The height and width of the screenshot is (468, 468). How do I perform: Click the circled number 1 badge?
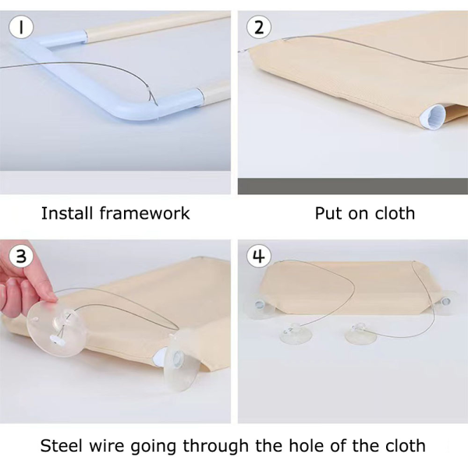[x=21, y=27]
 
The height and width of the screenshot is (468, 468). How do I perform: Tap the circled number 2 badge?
[x=259, y=27]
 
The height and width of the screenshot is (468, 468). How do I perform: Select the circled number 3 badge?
[x=21, y=256]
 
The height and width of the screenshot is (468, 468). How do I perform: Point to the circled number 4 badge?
[x=259, y=256]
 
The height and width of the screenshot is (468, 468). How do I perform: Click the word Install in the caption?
[x=67, y=213]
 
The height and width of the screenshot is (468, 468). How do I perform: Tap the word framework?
[x=145, y=213]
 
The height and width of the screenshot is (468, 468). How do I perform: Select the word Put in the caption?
[x=328, y=213]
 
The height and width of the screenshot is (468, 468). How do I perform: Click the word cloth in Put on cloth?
[x=395, y=213]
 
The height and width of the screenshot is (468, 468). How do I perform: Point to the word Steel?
[x=61, y=446]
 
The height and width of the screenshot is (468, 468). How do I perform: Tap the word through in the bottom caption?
[x=215, y=446]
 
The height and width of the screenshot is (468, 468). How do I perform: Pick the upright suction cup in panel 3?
[x=180, y=363]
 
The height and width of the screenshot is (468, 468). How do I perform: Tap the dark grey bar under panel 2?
[x=353, y=186]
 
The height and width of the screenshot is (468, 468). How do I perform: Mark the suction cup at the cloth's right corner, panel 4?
[x=445, y=301]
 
